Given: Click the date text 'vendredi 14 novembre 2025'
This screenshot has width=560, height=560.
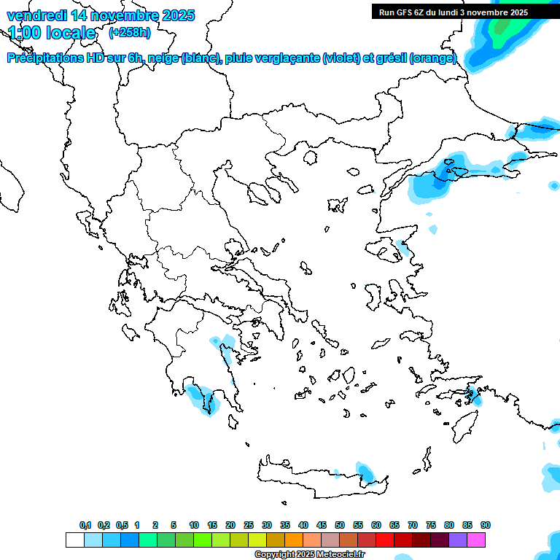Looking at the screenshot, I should [101, 15].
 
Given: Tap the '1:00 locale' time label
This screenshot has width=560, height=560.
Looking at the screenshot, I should [52, 33].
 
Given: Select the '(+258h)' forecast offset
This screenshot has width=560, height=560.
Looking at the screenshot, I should [130, 33].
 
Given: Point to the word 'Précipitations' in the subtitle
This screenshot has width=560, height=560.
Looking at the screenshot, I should [44, 58].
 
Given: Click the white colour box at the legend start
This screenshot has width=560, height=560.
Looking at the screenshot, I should [74, 540].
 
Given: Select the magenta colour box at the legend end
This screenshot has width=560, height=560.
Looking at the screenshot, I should [476, 540].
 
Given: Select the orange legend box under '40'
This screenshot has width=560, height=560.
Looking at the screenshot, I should [294, 540].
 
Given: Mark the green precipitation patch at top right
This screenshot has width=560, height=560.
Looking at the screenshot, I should [502, 26].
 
